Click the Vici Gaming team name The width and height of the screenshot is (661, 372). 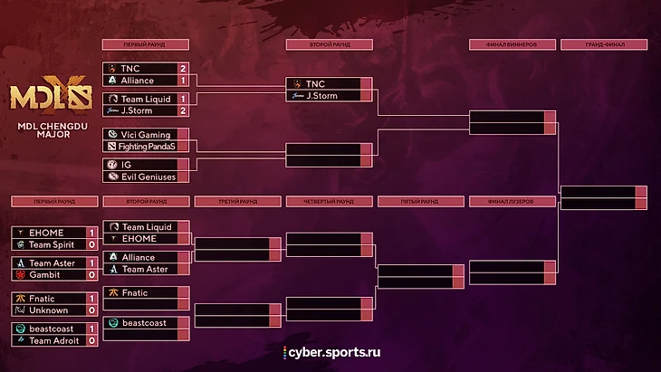(x=146, y=134)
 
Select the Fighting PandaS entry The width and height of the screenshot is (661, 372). (x=148, y=146)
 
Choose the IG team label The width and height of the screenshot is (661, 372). (x=127, y=165)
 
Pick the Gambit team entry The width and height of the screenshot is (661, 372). (x=43, y=273)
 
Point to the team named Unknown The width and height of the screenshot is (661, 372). (x=48, y=310)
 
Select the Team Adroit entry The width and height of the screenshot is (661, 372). (x=53, y=339)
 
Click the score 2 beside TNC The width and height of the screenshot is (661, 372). (x=183, y=68)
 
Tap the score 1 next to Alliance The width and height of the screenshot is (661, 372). (x=183, y=80)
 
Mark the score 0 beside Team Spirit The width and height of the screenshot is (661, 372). (x=91, y=244)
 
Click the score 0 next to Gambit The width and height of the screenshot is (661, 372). (x=91, y=273)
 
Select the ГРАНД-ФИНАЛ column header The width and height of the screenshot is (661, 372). (x=604, y=43)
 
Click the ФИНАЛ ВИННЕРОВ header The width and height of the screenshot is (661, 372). (x=512, y=43)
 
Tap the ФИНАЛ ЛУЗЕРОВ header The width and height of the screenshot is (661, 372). (x=512, y=201)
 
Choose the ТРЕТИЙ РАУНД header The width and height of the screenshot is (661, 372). (x=237, y=201)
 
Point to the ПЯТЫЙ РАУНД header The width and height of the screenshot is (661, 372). (x=420, y=201)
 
